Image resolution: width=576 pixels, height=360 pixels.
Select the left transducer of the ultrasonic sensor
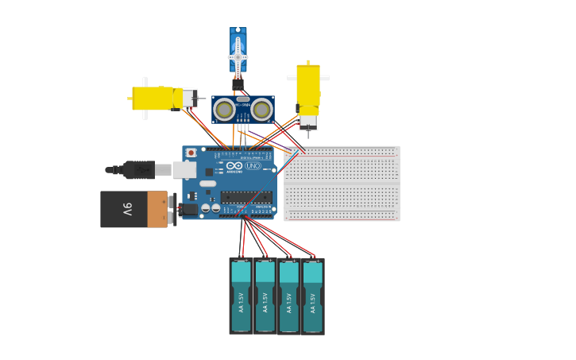pos(224,110)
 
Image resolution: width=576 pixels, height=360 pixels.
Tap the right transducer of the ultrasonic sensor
pos(261,110)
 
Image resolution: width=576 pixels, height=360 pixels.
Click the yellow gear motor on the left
pos(155,98)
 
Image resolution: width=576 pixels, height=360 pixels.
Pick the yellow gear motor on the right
pos(308,87)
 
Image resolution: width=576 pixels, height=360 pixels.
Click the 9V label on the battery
pos(127,209)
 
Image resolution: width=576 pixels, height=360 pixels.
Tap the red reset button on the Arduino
pos(191,153)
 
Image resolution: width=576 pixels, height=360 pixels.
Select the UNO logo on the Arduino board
pos(253,166)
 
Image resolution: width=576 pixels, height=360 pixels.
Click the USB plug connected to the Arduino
pos(139,169)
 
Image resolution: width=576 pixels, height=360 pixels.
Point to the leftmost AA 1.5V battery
pos(241,296)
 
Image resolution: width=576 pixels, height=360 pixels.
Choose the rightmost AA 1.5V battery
pos(313,296)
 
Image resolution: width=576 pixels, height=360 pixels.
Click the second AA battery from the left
pos(265,296)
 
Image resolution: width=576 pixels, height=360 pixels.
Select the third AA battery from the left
pos(289,296)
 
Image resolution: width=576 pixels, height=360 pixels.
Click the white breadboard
pos(342,183)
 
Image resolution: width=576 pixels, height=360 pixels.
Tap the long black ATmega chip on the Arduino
pos(246,197)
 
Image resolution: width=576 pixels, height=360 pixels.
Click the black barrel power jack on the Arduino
pos(188,209)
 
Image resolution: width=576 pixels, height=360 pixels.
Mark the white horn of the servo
pos(238,56)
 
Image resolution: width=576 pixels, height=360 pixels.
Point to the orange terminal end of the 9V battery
pos(158,209)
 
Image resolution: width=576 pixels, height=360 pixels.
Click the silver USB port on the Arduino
pos(184,169)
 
